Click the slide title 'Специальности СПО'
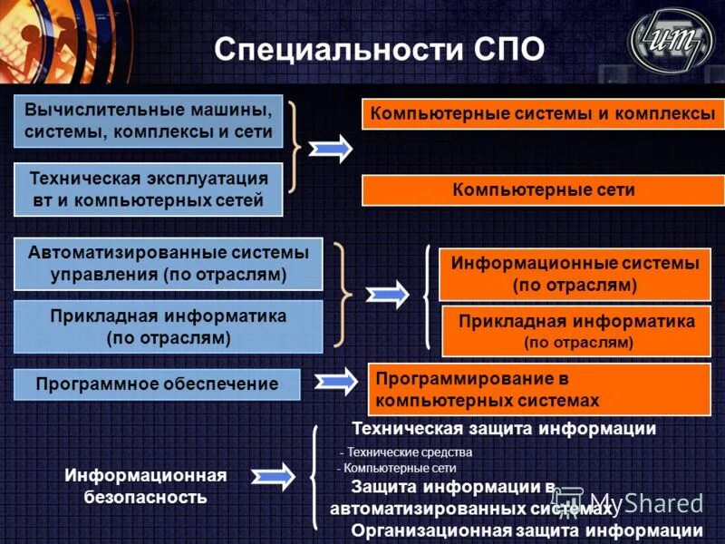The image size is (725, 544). pyautogui.click(x=379, y=49)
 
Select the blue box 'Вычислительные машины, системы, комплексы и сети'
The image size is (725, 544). pyautogui.click(x=149, y=121)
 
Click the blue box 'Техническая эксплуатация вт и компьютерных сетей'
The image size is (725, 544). pyautogui.click(x=149, y=189)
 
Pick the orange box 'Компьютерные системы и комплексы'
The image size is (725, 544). pyautogui.click(x=543, y=114)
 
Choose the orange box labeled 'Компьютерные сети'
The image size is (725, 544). pyautogui.click(x=543, y=190)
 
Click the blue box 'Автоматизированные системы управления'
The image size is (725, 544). pyautogui.click(x=169, y=264)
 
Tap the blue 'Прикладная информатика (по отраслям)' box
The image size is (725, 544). pyautogui.click(x=169, y=327)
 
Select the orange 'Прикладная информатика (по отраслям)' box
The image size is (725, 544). pyautogui.click(x=576, y=332)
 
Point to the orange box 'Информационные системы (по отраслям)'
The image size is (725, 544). pyautogui.click(x=575, y=274)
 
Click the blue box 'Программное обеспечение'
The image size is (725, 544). pyautogui.click(x=157, y=384)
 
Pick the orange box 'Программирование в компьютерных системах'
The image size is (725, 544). pyautogui.click(x=538, y=388)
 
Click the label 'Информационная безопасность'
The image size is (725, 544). pyautogui.click(x=145, y=486)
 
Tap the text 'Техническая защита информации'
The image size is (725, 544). pyautogui.click(x=503, y=428)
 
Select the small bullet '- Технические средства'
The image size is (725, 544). pyautogui.click(x=406, y=452)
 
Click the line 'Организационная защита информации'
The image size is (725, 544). pyautogui.click(x=527, y=531)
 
